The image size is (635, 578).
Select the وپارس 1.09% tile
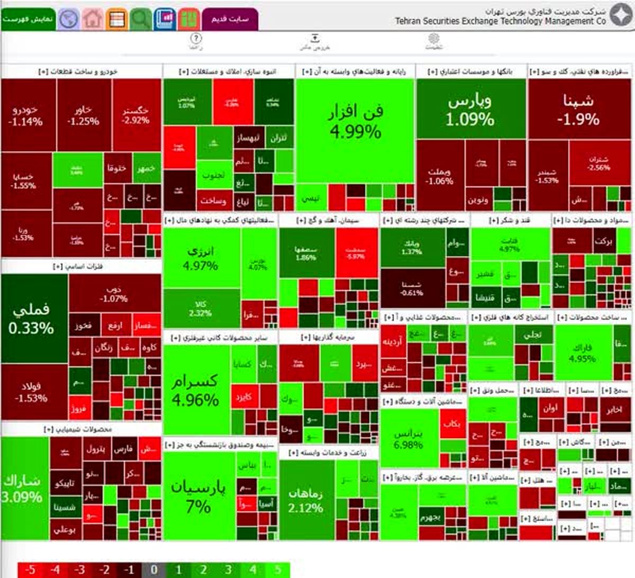pyautogui.click(x=470, y=110)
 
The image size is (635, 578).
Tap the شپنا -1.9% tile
pyautogui.click(x=578, y=110)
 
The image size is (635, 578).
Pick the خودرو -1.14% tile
pyautogui.click(x=26, y=115)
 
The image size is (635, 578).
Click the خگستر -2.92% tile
pyautogui.click(x=136, y=115)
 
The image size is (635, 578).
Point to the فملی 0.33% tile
pyautogui.click(x=32, y=319)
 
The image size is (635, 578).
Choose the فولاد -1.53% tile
pyautogui.click(x=32, y=392)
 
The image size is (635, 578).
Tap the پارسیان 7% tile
pyautogui.click(x=198, y=496)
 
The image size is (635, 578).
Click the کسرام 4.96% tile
pyautogui.click(x=195, y=390)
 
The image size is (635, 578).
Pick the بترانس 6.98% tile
pyautogui.click(x=409, y=439)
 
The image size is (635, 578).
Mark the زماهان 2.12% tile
pyautogui.click(x=306, y=500)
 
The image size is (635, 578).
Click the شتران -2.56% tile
pyautogui.click(x=598, y=164)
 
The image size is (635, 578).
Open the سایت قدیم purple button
pyautogui.click(x=230, y=19)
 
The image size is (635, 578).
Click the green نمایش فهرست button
pyautogui.click(x=28, y=19)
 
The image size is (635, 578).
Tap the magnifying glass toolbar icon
pyautogui.click(x=140, y=19)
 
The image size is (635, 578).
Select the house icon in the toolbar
pyautogui.click(x=93, y=19)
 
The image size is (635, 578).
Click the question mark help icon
pyautogui.click(x=196, y=39)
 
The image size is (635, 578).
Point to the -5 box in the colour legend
pyautogui.click(x=30, y=570)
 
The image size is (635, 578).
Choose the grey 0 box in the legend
pyautogui.click(x=153, y=570)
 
